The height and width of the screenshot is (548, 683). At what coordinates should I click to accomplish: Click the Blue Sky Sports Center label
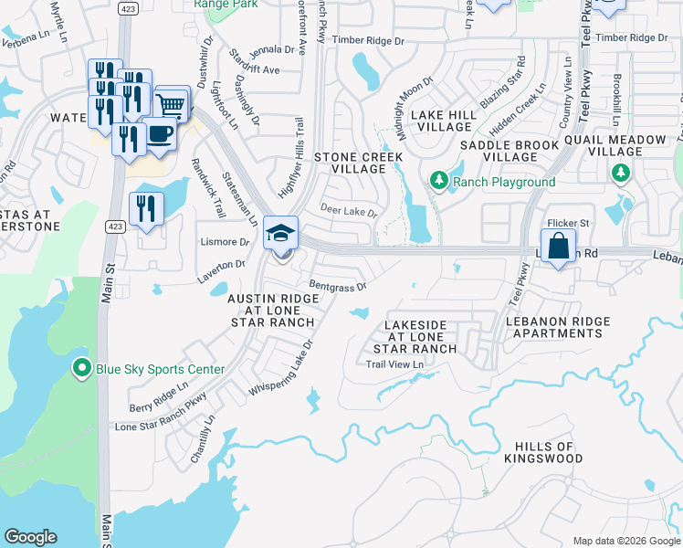click(x=160, y=369)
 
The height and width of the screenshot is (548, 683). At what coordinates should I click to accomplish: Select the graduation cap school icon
click(x=281, y=233)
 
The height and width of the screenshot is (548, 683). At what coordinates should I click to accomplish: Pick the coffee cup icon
click(x=160, y=134)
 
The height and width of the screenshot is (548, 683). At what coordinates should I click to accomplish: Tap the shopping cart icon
click(x=172, y=104)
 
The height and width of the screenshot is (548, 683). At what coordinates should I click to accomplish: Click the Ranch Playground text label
click(x=505, y=182)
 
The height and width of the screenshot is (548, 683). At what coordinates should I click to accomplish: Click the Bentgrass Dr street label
click(x=337, y=286)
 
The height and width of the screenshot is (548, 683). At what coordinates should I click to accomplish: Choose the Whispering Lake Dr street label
click(x=280, y=369)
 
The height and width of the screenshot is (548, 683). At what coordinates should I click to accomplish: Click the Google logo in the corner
click(x=30, y=537)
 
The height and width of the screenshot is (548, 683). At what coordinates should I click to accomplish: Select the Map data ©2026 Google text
click(x=625, y=541)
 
